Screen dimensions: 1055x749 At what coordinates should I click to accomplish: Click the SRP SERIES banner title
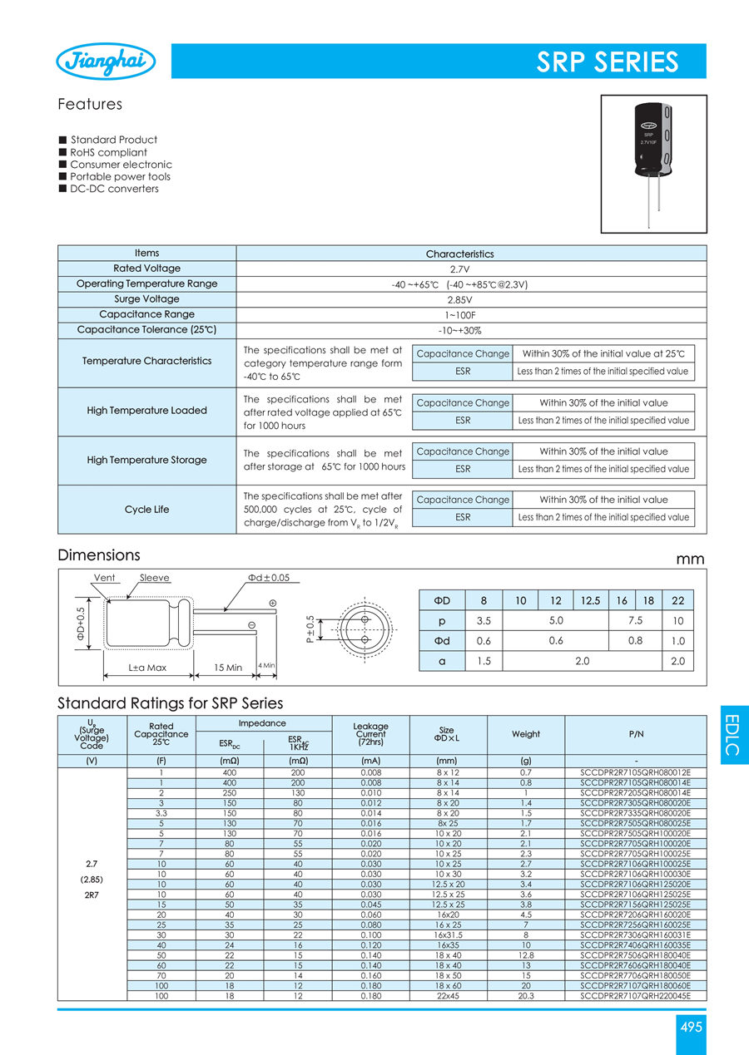607,62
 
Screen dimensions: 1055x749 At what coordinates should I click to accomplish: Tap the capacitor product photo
653,163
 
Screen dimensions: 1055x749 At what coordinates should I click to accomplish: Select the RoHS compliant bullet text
108,152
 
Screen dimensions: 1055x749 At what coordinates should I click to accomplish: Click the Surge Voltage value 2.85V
460,299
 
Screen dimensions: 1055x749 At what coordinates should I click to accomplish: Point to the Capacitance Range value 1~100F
460,315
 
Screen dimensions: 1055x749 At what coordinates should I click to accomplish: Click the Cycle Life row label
146,510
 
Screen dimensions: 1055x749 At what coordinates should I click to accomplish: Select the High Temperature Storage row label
146,461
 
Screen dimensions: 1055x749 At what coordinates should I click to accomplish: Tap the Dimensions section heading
99,555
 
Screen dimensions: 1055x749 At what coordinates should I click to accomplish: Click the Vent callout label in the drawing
105,578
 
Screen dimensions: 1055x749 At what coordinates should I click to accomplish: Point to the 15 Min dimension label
227,668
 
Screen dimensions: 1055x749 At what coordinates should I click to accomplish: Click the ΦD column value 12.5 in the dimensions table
589,600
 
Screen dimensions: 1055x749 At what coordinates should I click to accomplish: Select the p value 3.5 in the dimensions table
484,621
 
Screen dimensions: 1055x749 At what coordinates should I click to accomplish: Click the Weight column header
526,734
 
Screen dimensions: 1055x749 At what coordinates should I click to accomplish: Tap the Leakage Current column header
370,734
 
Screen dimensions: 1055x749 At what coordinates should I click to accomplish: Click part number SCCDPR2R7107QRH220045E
636,996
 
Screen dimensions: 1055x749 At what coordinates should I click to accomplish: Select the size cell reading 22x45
448,996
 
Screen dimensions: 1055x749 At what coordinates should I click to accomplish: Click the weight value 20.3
526,996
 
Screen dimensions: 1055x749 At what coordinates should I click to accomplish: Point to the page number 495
692,1028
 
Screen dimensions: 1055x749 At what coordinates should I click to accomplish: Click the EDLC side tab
732,734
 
